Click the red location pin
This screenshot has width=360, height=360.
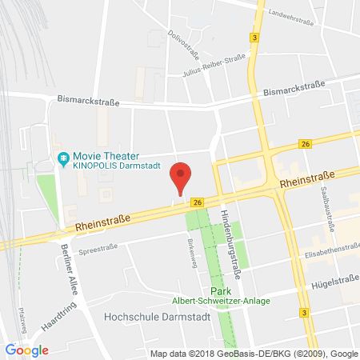(x=183, y=175)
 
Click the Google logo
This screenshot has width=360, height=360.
(x=26, y=350)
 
